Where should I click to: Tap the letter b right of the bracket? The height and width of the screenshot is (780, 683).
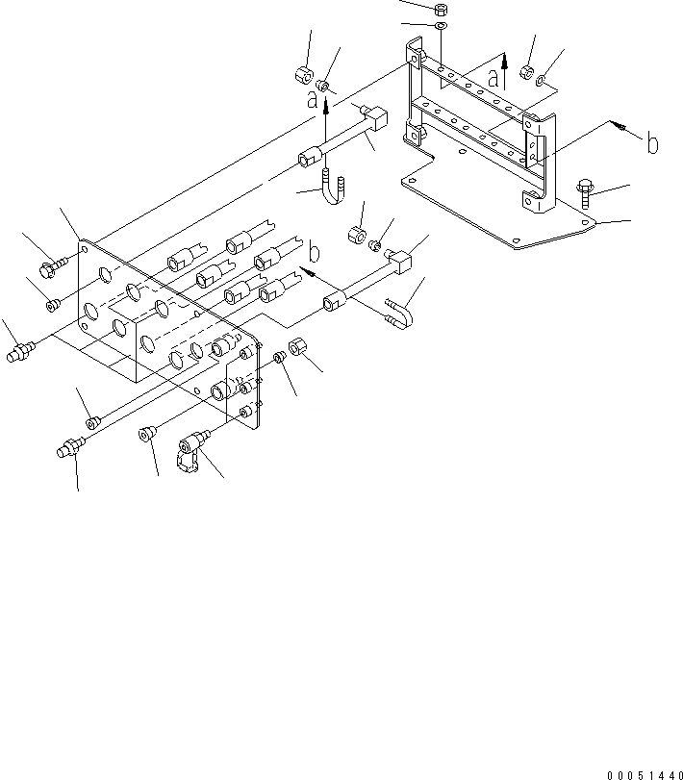[x=652, y=143]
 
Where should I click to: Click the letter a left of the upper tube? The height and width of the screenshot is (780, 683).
[x=313, y=99]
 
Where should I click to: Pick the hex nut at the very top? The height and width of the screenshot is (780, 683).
[x=439, y=10]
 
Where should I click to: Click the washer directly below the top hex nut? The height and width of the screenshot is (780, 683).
[x=439, y=26]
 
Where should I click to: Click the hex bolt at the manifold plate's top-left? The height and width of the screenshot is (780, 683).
[x=52, y=262]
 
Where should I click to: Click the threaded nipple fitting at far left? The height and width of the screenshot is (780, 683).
[x=17, y=353]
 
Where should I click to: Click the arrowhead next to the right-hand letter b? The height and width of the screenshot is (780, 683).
[x=622, y=129]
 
